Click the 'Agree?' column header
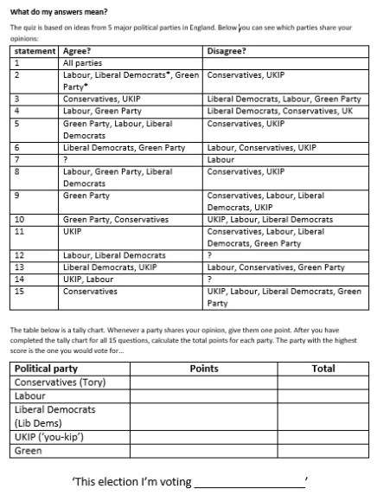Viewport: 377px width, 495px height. [x=78, y=51]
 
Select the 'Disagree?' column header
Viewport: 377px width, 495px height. [x=226, y=51]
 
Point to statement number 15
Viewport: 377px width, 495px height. [x=20, y=292]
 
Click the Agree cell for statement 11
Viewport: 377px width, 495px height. [x=73, y=232]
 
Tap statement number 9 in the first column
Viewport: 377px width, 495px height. [x=17, y=196]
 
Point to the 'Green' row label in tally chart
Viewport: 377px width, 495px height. [x=29, y=451]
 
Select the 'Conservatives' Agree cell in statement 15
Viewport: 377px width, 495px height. [x=90, y=292]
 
